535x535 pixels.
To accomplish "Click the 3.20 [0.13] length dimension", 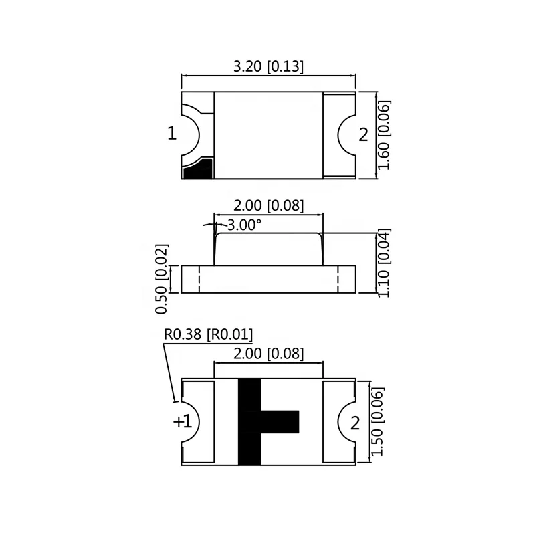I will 267,66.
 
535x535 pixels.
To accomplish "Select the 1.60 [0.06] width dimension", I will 384,135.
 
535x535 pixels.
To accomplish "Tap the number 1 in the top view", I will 172,134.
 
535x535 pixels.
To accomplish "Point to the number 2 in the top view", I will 363,135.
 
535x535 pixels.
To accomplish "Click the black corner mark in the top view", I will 199,170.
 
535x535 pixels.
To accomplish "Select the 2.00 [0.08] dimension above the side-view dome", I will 267,205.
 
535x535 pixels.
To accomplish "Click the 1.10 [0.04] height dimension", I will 384,263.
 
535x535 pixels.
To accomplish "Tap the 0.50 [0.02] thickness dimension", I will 161,279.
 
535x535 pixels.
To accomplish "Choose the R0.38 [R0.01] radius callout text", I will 208,334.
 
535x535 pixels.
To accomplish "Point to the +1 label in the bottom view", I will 182,422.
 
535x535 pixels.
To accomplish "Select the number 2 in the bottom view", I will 355,423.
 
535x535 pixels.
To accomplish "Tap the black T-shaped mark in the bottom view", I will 251,422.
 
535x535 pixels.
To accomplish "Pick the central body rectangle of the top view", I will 268,135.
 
